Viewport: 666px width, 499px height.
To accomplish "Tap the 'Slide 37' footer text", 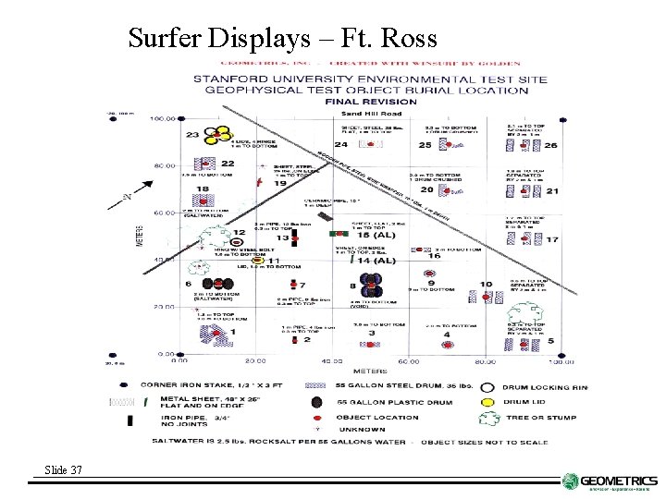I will click(63, 470).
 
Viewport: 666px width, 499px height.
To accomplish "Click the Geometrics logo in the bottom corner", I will click(610, 482).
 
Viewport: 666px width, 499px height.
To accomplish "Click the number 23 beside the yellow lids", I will click(192, 135).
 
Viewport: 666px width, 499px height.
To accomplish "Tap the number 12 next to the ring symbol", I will click(239, 233).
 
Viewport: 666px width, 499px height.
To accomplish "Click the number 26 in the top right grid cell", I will click(550, 145).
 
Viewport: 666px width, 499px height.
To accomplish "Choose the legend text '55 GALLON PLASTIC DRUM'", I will click(389, 402).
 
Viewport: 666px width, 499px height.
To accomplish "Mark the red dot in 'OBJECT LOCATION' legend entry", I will click(317, 417).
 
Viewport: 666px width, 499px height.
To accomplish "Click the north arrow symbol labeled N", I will click(127, 197).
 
